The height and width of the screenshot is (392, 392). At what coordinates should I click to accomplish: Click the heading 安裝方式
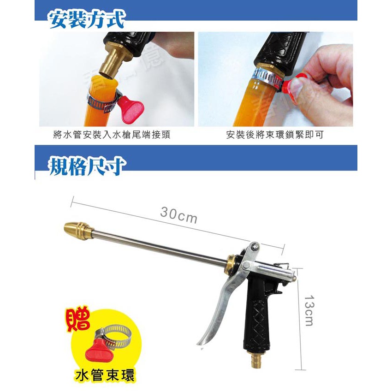pyautogui.click(x=87, y=20)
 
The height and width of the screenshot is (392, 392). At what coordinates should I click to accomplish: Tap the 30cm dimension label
pyautogui.click(x=178, y=215)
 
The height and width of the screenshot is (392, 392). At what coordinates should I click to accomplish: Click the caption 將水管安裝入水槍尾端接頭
pyautogui.click(x=112, y=135)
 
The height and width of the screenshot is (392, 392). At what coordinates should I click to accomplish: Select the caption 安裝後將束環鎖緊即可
pyautogui.click(x=275, y=135)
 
